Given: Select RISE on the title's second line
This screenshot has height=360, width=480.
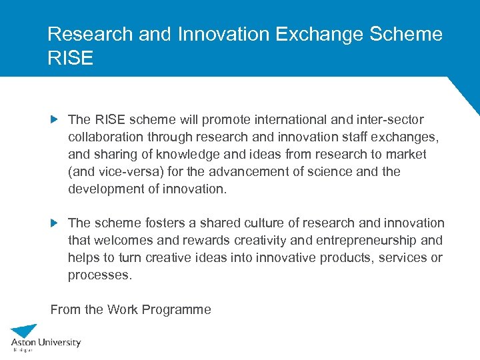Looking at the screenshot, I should pyautogui.click(x=71, y=58).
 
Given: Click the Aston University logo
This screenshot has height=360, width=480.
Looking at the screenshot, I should pyautogui.click(x=45, y=338).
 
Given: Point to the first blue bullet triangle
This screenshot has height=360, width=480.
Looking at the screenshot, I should pyautogui.click(x=55, y=120).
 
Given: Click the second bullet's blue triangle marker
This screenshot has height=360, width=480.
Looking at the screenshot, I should pyautogui.click(x=55, y=223).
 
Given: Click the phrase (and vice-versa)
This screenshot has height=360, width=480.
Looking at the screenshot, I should pyautogui.click(x=110, y=172).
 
